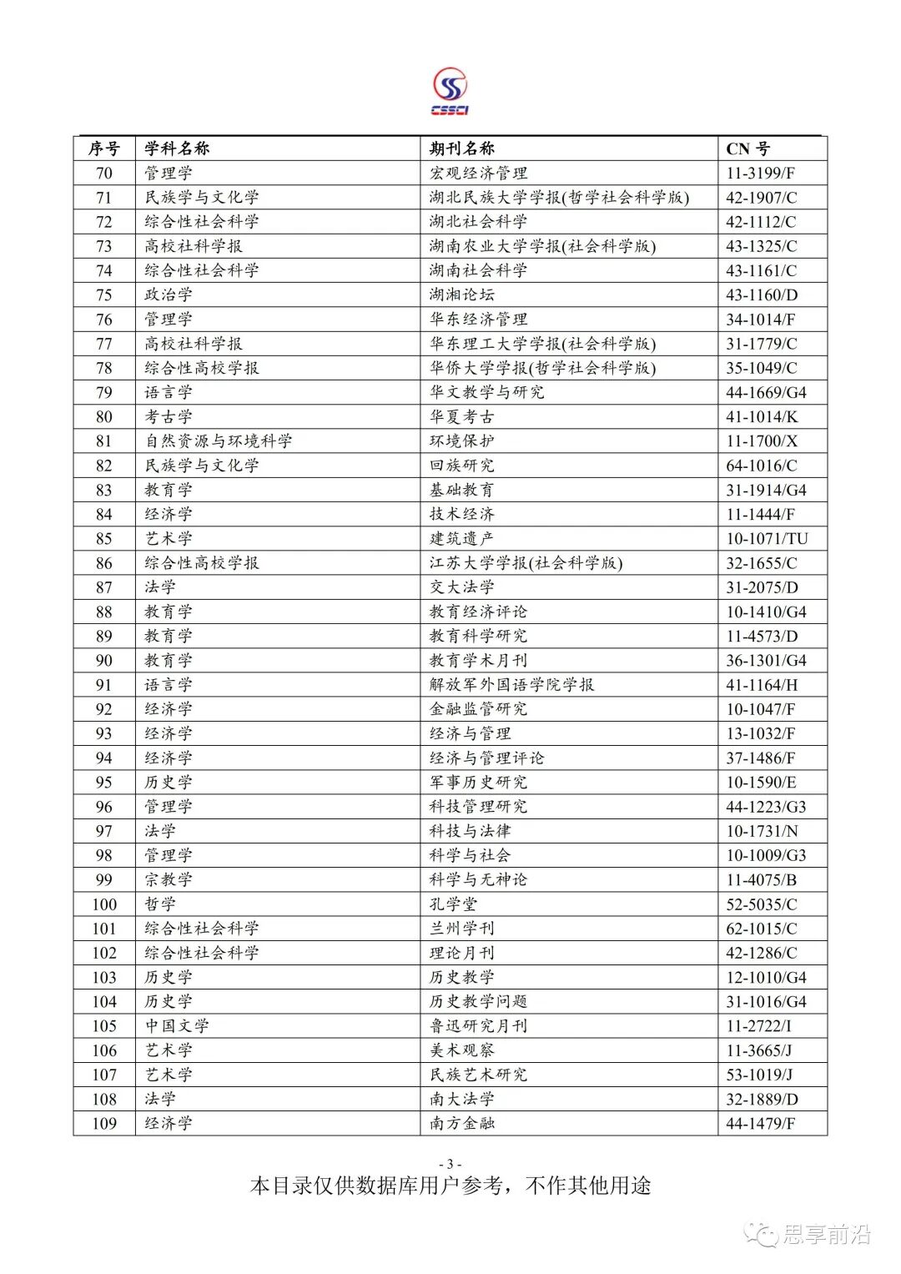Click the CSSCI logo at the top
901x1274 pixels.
tap(450, 92)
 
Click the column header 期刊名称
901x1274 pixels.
tap(462, 149)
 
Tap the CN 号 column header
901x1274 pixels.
tap(747, 149)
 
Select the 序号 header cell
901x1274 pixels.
tap(104, 149)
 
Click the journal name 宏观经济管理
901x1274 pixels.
tap(478, 173)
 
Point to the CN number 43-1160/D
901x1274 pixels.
tap(761, 295)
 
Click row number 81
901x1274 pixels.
tap(104, 441)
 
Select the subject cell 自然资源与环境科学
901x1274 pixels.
tap(218, 441)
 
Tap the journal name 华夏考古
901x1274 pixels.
tap(461, 416)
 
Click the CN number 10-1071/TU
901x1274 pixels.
tap(766, 538)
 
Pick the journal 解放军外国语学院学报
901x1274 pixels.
tap(511, 684)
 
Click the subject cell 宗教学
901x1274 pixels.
tap(169, 879)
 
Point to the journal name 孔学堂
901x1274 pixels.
tap(454, 904)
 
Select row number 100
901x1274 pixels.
tap(104, 904)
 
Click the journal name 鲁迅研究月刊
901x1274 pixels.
tap(478, 1025)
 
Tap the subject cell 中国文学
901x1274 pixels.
tap(177, 1025)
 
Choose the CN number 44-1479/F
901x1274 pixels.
tap(760, 1123)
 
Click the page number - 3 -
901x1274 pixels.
tap(450, 1164)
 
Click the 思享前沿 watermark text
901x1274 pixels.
tap(825, 1234)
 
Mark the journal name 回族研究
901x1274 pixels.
tap(461, 465)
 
